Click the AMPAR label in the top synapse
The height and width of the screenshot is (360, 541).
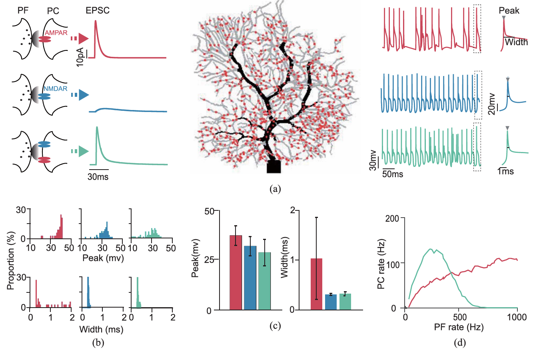[x=56, y=33]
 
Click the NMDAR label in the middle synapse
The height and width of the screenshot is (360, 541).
[x=55, y=89]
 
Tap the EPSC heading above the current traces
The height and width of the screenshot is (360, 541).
[x=98, y=10]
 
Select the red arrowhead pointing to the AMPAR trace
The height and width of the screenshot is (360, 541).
[x=83, y=38]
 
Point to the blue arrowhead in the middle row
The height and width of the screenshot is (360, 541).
[x=83, y=95]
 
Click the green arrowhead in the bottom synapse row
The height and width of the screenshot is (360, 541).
[x=83, y=151]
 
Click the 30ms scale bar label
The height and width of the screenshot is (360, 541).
[x=98, y=176]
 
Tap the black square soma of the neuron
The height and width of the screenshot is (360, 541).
[x=274, y=166]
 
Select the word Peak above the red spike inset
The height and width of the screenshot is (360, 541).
[x=509, y=11]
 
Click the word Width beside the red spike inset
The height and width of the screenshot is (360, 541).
[x=516, y=42]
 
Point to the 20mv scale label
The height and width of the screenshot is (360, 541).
[x=492, y=104]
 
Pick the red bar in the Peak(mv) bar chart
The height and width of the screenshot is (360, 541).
[x=236, y=272]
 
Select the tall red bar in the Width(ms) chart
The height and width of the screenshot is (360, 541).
[x=316, y=284]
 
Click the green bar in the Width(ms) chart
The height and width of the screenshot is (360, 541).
[x=345, y=302]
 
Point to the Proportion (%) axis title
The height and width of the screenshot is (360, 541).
[x=11, y=260]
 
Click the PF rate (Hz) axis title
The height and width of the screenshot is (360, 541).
[x=459, y=327]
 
